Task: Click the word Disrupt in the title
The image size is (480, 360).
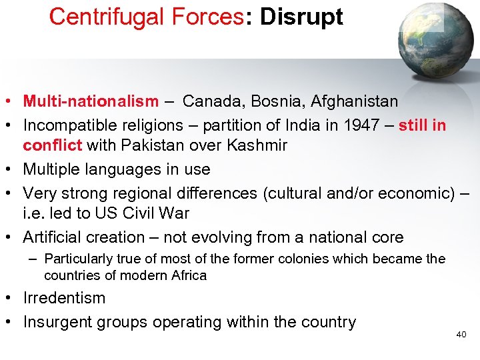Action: [301, 17]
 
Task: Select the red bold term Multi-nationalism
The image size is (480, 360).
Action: [91, 101]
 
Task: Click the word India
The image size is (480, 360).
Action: [305, 125]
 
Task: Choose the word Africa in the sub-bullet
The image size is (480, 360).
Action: [188, 275]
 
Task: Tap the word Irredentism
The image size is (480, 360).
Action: [64, 298]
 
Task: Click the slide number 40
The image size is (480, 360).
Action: [461, 335]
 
